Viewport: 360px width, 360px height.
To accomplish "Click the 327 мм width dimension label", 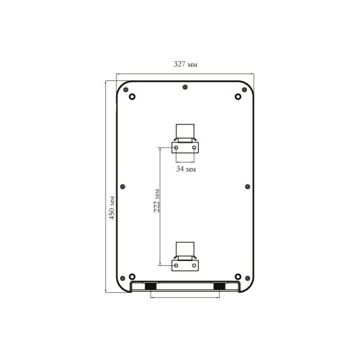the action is [185, 64].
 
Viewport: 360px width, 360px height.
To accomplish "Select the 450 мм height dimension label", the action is [112, 208].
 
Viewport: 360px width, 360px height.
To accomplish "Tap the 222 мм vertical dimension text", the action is [157, 201].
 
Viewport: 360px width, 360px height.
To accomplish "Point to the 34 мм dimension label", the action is [186, 169].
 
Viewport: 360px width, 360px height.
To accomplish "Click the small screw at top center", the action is [185, 87].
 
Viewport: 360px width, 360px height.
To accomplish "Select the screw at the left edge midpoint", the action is [122, 187].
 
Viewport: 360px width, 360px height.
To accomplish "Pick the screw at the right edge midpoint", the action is [247, 187].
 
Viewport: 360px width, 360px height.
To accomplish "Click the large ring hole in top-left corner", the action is [132, 97].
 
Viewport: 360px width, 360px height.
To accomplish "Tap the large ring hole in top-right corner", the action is [238, 97].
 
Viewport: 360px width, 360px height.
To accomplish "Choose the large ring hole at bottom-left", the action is [132, 277].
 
